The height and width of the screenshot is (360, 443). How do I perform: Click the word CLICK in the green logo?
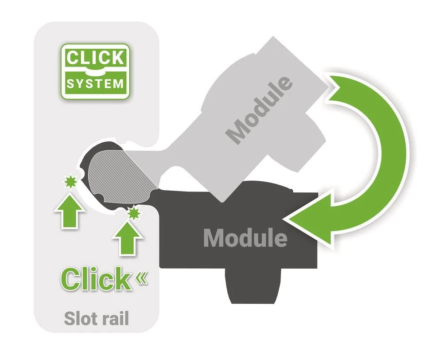click(x=95, y=58)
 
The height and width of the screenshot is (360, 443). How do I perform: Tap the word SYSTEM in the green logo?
click(x=95, y=83)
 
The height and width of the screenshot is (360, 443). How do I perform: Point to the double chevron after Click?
click(x=141, y=278)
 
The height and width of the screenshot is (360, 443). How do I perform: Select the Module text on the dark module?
click(x=245, y=238)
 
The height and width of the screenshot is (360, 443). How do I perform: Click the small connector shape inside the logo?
click(x=95, y=71)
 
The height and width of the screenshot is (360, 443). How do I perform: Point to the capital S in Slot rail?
click(x=69, y=318)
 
